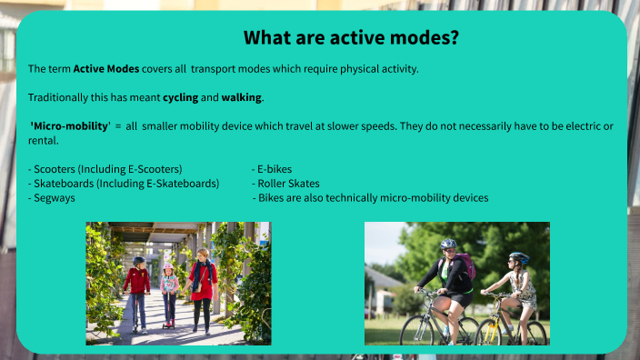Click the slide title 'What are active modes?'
click(x=351, y=38)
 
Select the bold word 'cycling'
click(x=180, y=97)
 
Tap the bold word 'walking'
click(x=242, y=97)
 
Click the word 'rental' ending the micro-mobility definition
click(x=43, y=140)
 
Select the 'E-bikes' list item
click(x=274, y=169)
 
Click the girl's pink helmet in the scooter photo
click(x=168, y=267)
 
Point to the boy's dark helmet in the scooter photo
click(x=138, y=260)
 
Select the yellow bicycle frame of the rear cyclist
click(x=498, y=318)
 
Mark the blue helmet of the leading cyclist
click(x=448, y=245)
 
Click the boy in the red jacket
click(x=137, y=284)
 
